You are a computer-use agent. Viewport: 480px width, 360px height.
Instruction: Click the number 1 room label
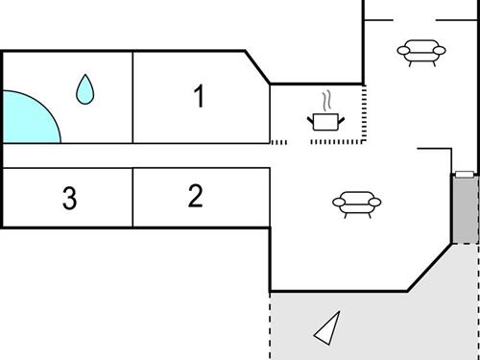[x=199, y=96]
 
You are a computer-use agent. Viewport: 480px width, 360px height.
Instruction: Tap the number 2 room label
[x=196, y=197]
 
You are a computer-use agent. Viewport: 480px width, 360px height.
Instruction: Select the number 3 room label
[x=69, y=200]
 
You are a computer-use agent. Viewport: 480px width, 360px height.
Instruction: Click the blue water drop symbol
[x=85, y=89]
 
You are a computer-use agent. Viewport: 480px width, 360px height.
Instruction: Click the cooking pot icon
[x=325, y=121]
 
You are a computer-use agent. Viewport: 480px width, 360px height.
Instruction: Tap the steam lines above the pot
[x=327, y=100]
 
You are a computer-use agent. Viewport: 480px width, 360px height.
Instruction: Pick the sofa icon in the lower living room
[x=355, y=202]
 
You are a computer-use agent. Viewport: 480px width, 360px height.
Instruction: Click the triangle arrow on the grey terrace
[x=328, y=327]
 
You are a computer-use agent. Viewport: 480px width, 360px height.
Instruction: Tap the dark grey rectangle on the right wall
[x=464, y=208]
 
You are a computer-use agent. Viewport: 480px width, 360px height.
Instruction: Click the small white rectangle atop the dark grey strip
[x=464, y=174]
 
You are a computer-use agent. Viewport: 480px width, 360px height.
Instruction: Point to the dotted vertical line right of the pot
[x=365, y=113]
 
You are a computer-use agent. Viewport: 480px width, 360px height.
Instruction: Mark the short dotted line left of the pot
[x=279, y=142]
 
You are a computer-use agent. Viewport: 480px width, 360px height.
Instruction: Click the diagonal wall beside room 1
[x=257, y=67]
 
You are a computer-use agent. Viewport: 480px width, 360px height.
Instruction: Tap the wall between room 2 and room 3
[x=132, y=198]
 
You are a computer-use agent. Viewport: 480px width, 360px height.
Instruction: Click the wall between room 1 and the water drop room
[x=132, y=96]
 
